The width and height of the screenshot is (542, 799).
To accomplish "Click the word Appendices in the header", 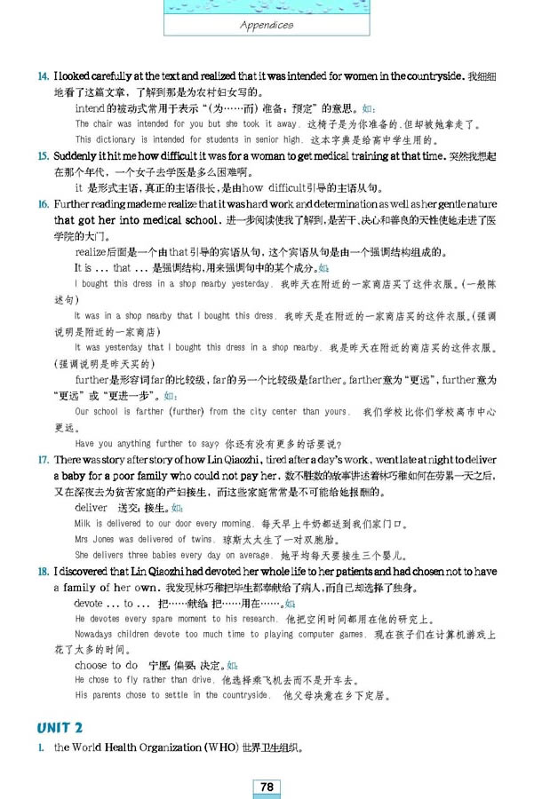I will tap(267, 25).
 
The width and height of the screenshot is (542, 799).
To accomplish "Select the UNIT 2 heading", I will tap(59, 728).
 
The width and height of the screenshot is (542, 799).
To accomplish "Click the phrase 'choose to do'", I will tap(106, 664).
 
